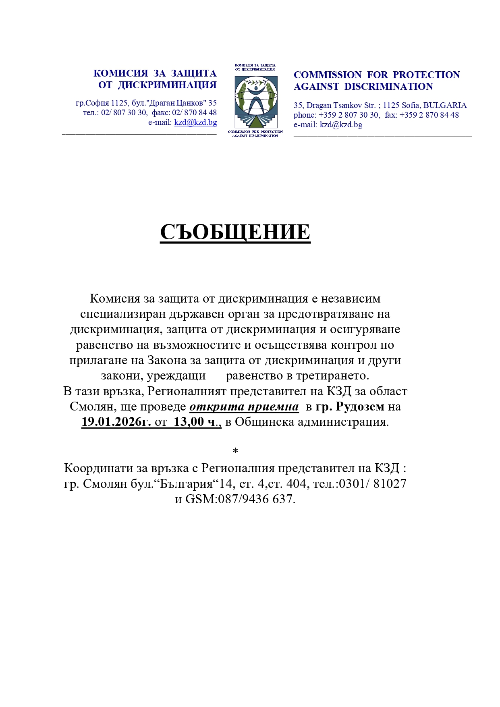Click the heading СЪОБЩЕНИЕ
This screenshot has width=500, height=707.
pos(235,232)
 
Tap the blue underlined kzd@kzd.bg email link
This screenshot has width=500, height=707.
pos(195,122)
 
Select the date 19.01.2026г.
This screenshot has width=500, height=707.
pos(116,422)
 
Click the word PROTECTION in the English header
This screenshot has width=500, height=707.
pos(426,75)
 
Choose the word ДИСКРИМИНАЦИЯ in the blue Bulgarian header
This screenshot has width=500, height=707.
pos(167,85)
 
